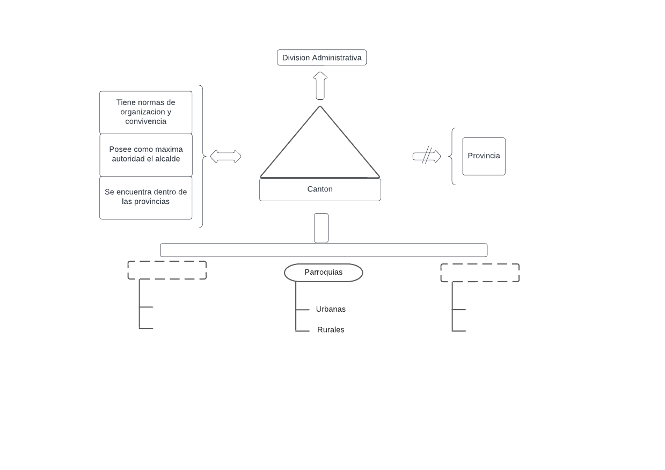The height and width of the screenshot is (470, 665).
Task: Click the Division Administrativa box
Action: tap(321, 57)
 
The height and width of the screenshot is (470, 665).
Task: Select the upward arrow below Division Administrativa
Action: tap(320, 85)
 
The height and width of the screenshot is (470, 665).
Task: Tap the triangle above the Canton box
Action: tap(320, 150)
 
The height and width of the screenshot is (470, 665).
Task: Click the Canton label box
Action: tap(320, 189)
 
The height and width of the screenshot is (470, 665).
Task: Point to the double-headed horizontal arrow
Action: tap(225, 157)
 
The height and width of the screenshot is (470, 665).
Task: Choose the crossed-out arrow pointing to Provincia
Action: tap(427, 156)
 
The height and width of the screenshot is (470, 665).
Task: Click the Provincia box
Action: tap(484, 156)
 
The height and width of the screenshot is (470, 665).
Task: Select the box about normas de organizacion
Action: tap(145, 112)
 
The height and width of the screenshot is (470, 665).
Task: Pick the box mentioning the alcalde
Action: tap(145, 155)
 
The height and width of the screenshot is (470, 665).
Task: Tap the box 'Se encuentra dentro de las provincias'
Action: tap(145, 197)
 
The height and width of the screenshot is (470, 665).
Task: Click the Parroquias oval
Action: tap(323, 273)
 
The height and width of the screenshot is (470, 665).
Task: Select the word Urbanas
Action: tap(331, 310)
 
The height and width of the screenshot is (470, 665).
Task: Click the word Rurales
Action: tap(331, 330)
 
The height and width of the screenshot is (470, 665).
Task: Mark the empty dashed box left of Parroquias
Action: tap(167, 270)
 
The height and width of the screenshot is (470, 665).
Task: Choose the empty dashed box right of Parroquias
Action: tap(480, 273)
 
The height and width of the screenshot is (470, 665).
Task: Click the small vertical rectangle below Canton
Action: tap(321, 228)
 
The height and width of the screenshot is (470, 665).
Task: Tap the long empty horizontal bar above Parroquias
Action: tap(324, 250)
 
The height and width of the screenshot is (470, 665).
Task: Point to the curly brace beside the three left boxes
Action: tap(202, 156)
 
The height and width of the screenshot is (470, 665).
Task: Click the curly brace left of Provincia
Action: tap(452, 156)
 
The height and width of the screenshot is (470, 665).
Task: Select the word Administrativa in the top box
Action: tap(337, 57)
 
